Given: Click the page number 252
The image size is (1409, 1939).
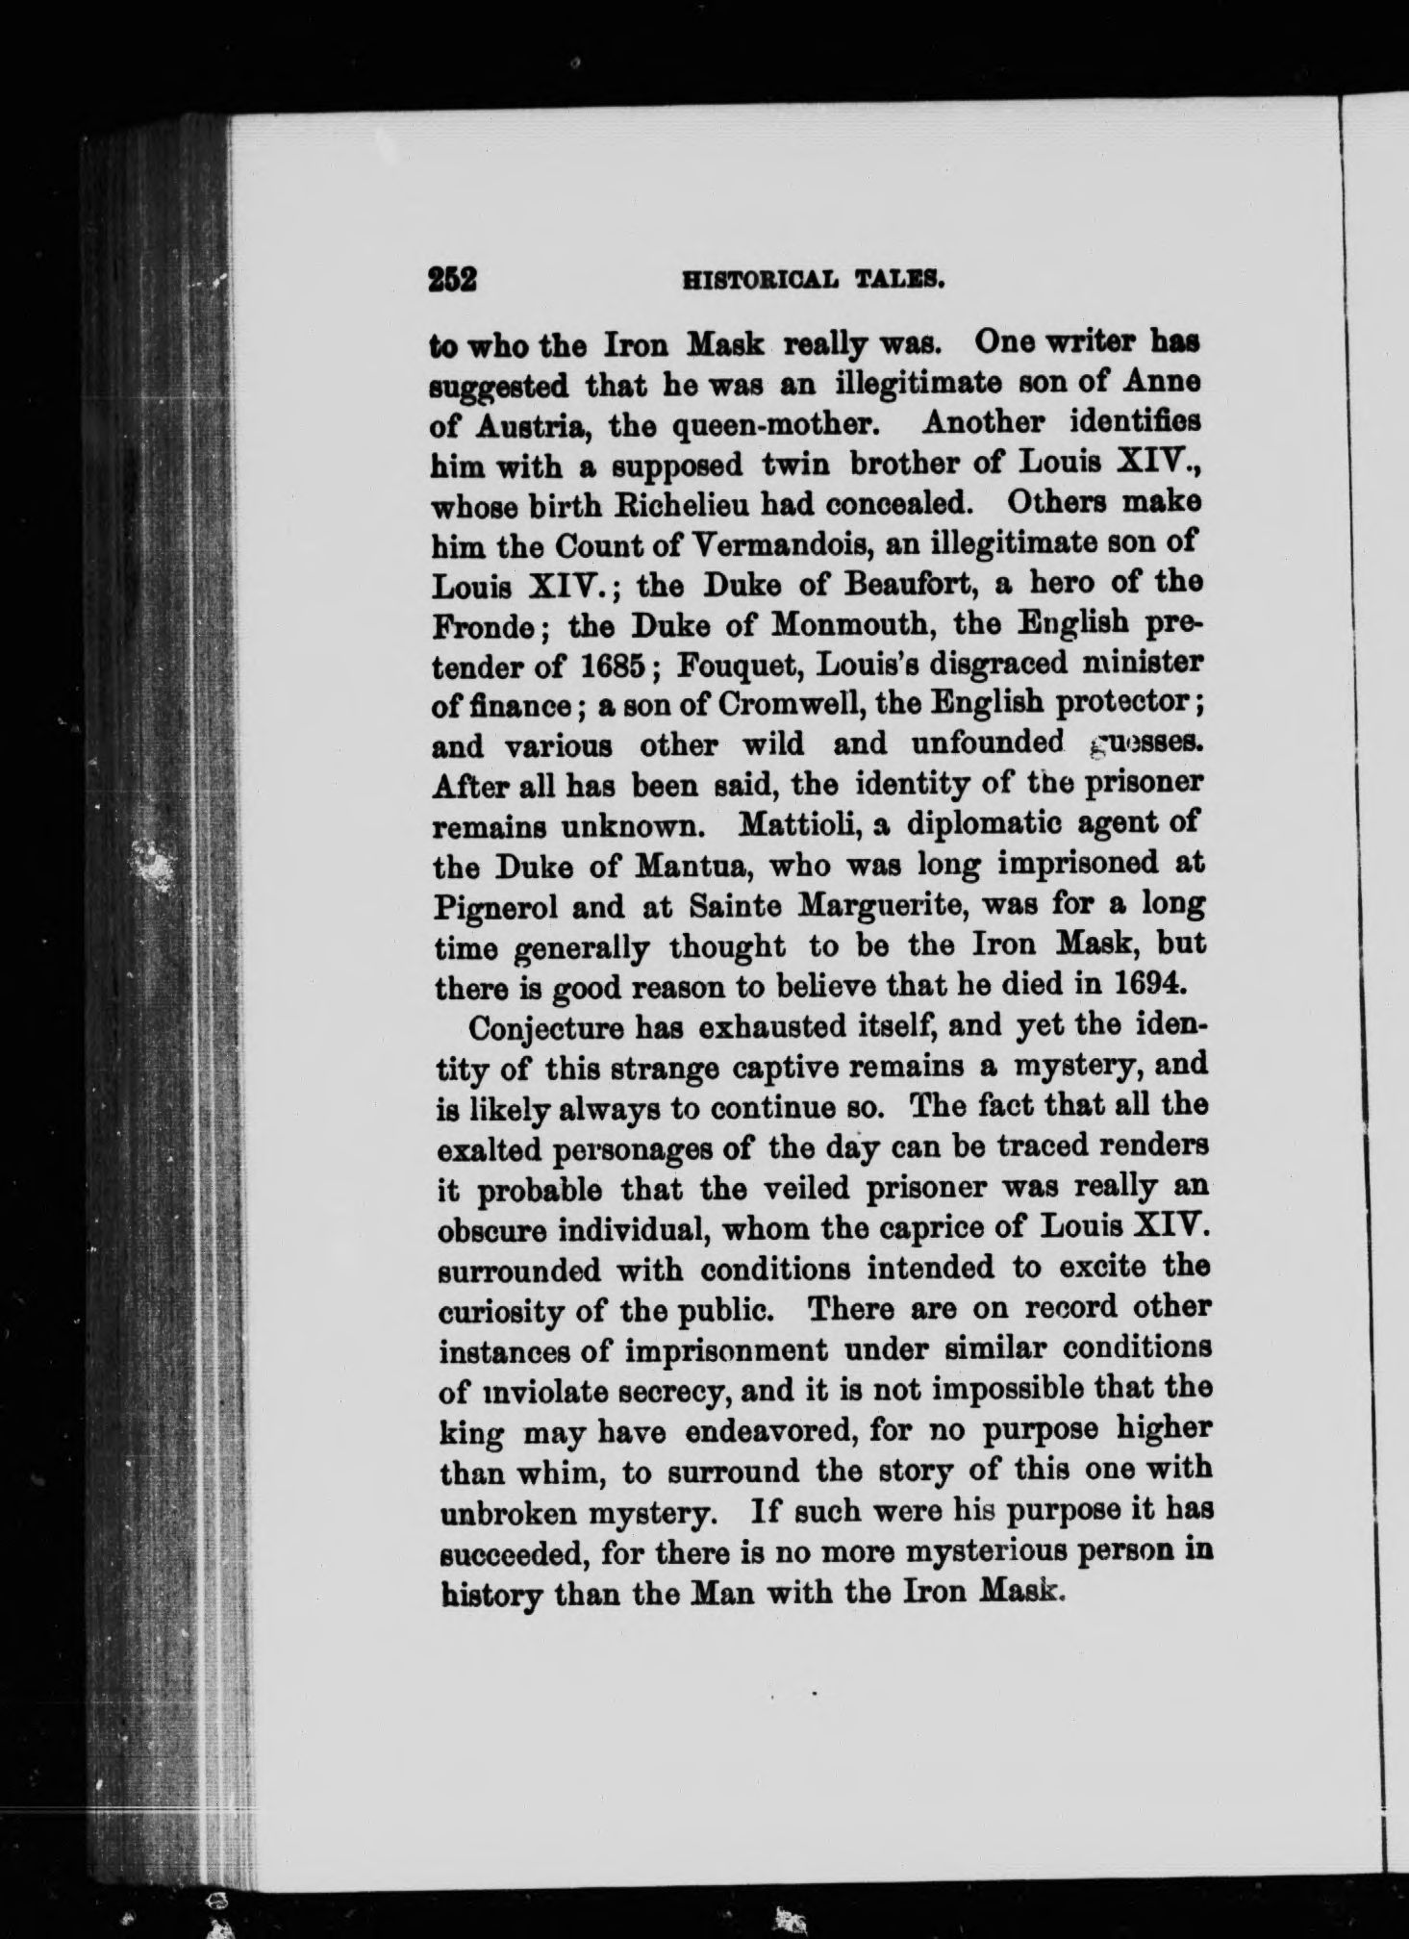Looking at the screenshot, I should [453, 279].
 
